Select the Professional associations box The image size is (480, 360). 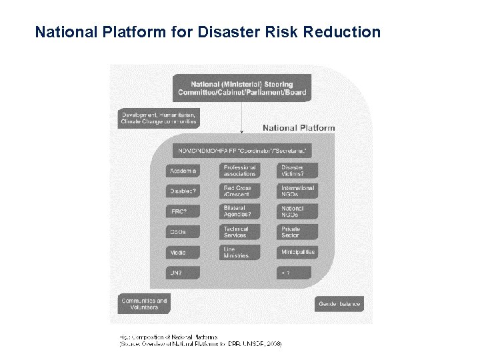[239, 171]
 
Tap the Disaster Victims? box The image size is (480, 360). [297, 171]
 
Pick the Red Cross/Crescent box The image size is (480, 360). [239, 191]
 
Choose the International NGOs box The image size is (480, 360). [297, 191]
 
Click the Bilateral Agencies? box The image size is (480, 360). [239, 212]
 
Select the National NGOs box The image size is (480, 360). [297, 212]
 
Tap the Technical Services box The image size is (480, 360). [239, 232]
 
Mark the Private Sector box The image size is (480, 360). [297, 232]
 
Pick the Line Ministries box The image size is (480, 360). [239, 253]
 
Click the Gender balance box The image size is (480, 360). [339, 304]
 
